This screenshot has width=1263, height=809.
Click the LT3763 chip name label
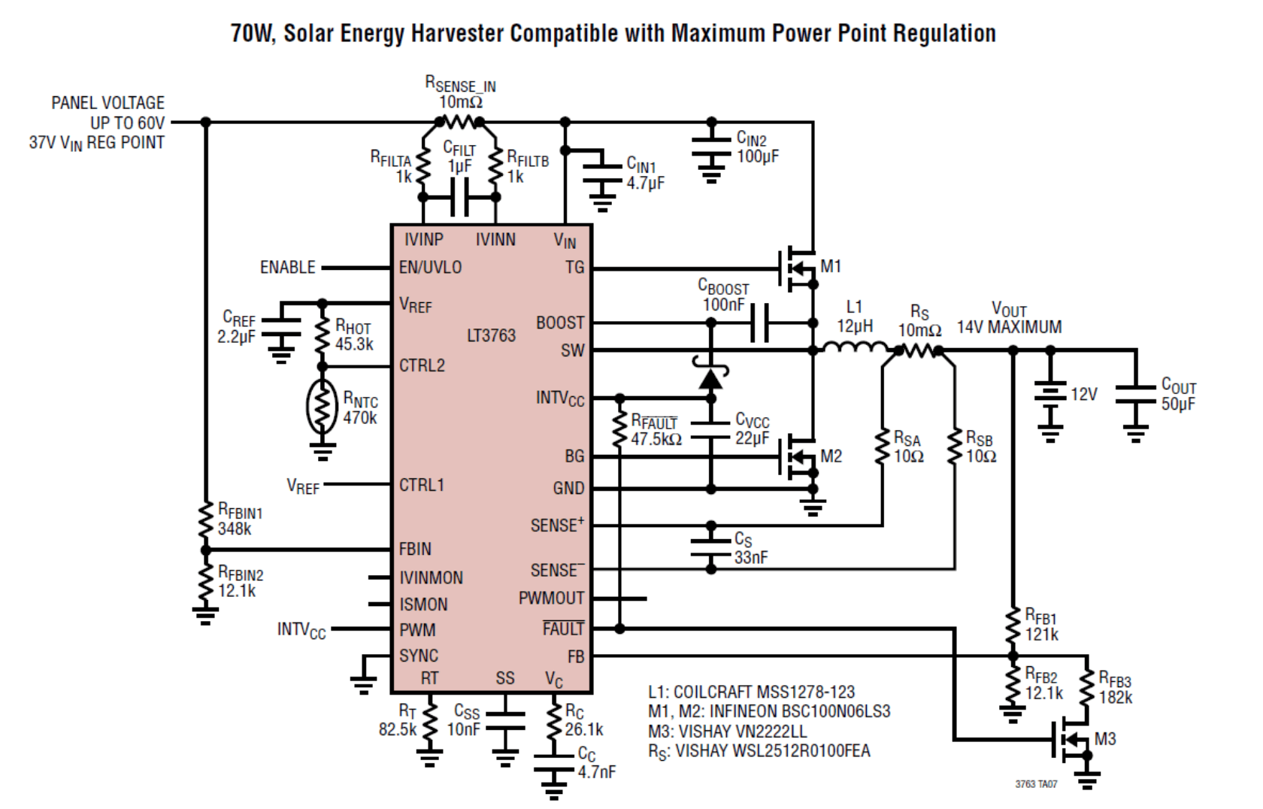tap(491, 335)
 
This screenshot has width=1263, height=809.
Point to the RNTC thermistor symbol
tap(323, 407)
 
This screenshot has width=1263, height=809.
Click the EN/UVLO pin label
tap(430, 268)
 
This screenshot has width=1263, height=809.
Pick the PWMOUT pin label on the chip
tap(551, 598)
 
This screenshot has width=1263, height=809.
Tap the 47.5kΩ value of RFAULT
tap(656, 439)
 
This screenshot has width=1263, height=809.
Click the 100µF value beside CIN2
tap(758, 156)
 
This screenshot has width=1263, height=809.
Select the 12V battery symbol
tap(1050, 398)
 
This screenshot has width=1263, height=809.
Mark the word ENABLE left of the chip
tap(287, 268)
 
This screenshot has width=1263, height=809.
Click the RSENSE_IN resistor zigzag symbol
tap(460, 121)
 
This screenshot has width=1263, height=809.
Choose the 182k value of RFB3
tap(1116, 698)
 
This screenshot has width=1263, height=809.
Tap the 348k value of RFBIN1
tap(235, 529)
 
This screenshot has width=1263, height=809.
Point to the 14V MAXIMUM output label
tap(1009, 327)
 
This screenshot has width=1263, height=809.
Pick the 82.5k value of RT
tap(397, 729)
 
